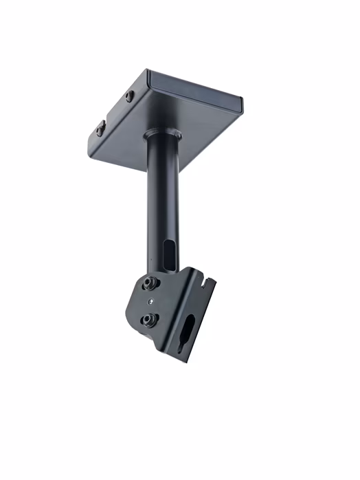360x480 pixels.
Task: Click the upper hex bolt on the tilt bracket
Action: click(149, 283)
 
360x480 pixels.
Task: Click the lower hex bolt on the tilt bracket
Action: click(147, 320)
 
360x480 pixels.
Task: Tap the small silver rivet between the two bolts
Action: click(148, 301)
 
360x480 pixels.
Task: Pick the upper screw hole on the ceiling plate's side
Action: click(130, 96)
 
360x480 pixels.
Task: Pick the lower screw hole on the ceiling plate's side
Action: click(100, 127)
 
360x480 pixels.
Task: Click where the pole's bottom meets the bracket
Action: click(159, 272)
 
